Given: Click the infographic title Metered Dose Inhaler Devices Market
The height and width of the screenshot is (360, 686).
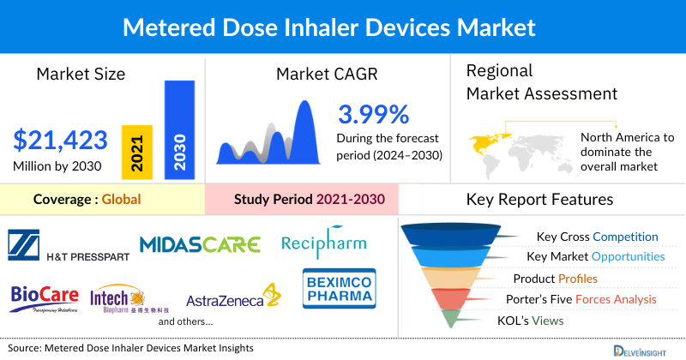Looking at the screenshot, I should click(x=342, y=27).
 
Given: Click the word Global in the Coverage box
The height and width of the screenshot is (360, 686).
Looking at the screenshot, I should click(x=121, y=200).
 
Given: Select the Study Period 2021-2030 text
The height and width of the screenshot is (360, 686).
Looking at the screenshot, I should click(x=309, y=200).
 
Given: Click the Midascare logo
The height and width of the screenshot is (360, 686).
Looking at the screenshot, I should click(x=200, y=244).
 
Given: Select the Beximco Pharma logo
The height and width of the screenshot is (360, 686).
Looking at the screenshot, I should click(x=339, y=288).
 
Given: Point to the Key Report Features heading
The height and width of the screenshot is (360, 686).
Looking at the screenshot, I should click(x=539, y=200).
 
